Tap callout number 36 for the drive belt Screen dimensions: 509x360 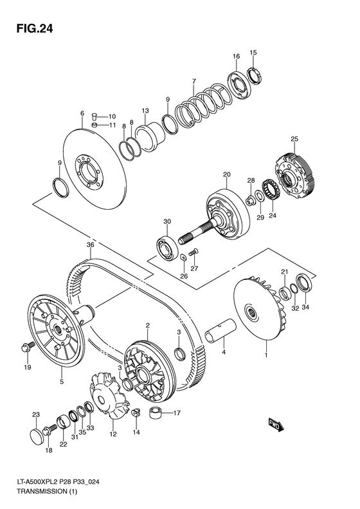coord(91,245)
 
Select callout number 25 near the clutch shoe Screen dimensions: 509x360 coord(294,140)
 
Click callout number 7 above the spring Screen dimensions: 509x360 coord(192,81)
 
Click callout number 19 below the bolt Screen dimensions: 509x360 coord(28,367)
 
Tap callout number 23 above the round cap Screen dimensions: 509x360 coord(37,414)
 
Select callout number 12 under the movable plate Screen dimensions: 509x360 coord(113,434)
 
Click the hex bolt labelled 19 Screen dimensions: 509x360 coord(26,347)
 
